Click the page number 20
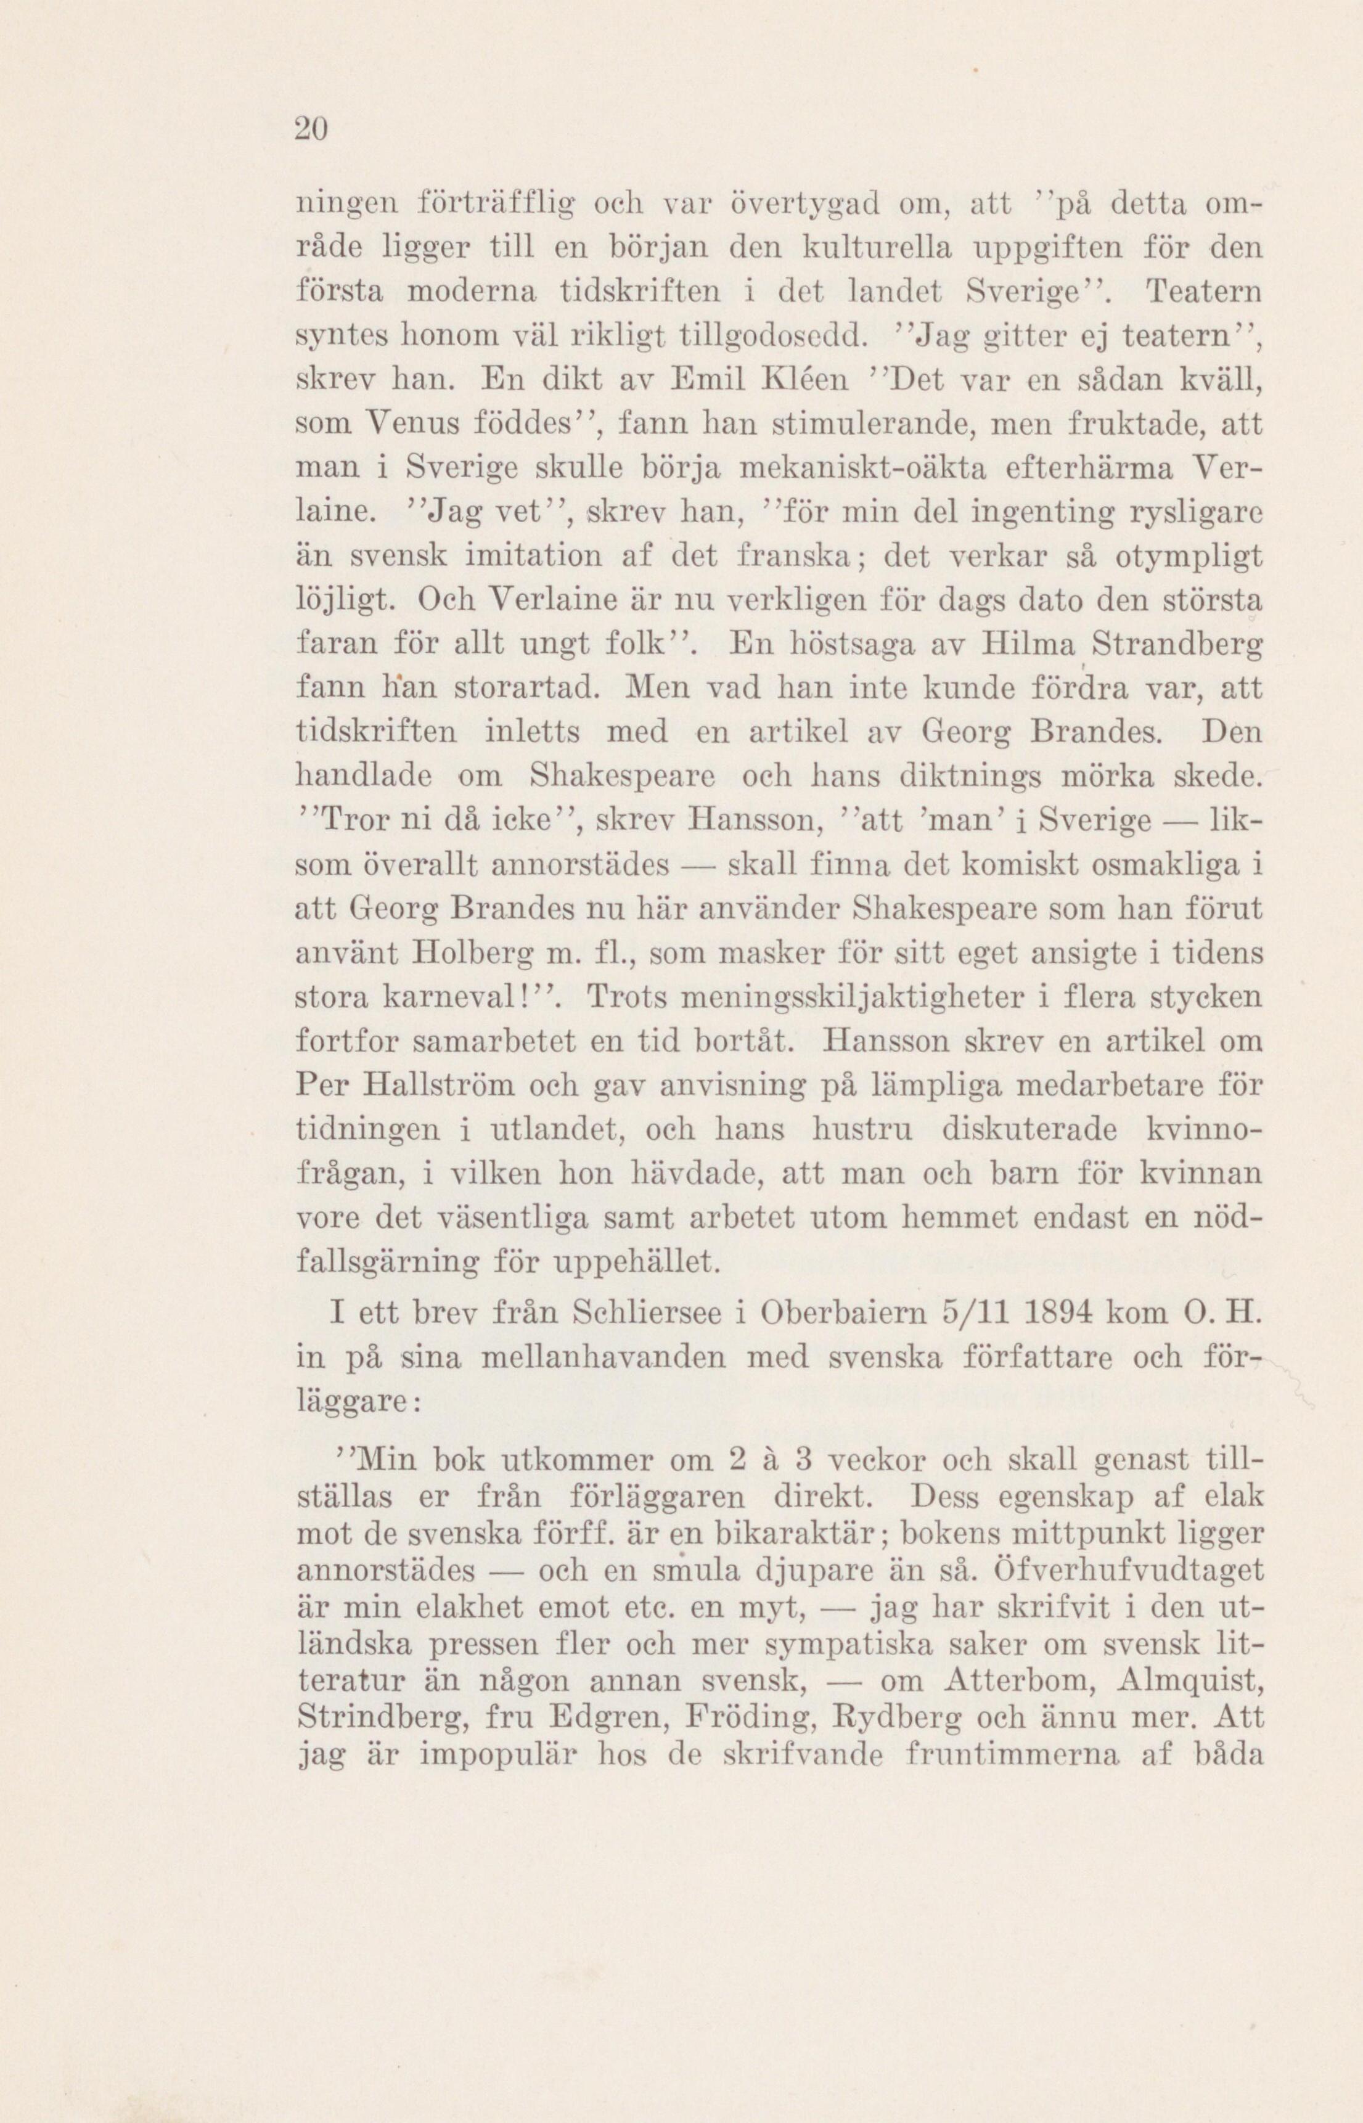(311, 129)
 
